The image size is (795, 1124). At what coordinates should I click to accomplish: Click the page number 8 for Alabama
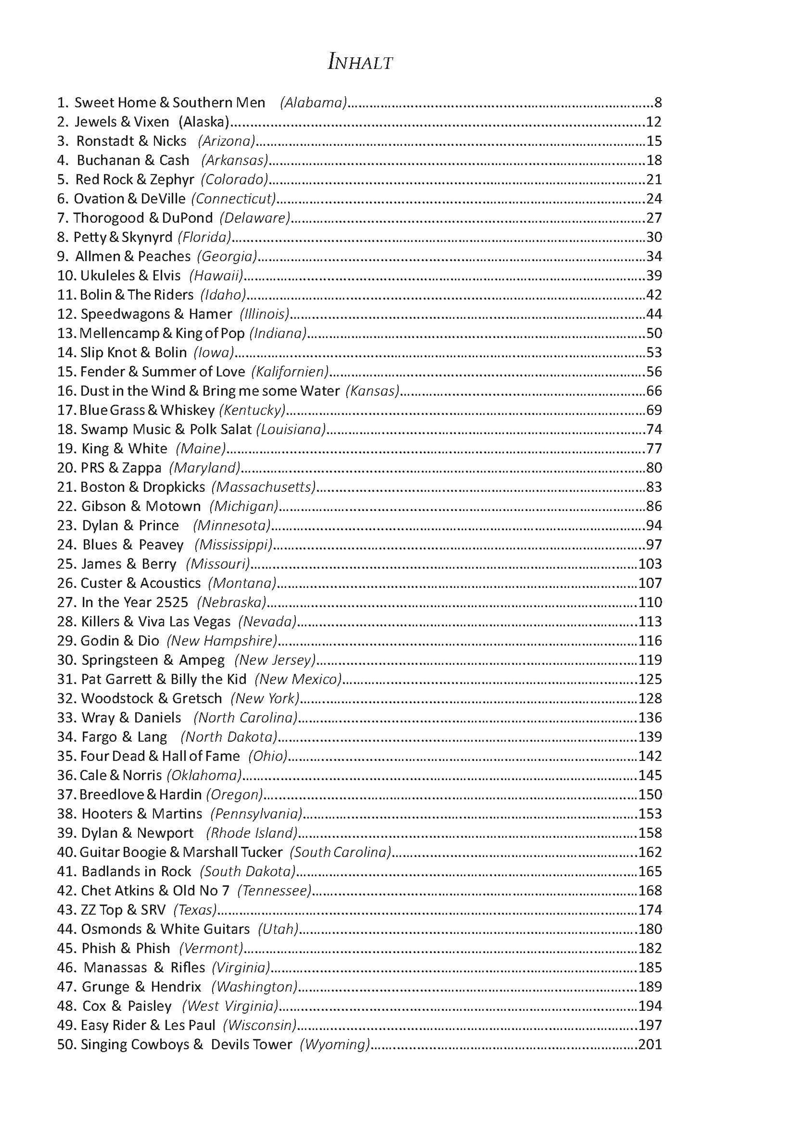658,103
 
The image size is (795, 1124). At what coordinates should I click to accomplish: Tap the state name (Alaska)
204,122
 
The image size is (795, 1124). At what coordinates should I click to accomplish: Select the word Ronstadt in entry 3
105,141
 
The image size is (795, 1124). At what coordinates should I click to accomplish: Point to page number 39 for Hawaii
654,276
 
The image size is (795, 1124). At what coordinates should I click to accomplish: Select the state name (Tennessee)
275,891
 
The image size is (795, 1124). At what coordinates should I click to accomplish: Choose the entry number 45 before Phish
66,948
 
